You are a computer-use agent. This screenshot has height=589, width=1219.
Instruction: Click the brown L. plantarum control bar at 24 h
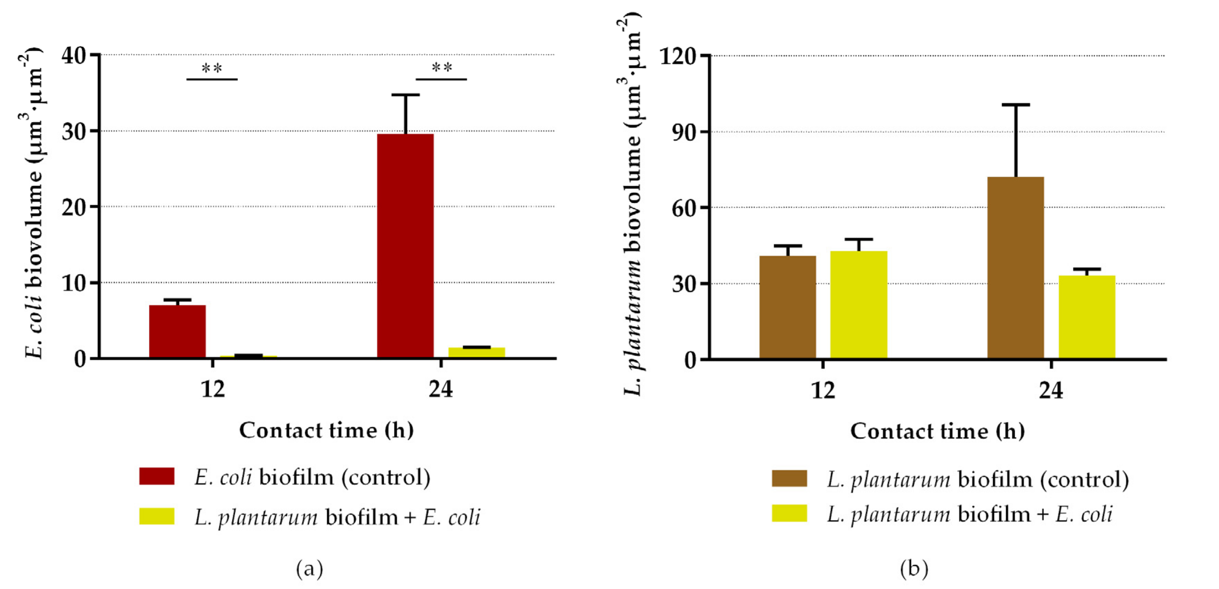pyautogui.click(x=1015, y=267)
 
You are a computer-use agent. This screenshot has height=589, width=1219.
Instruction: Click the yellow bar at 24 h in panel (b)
pyautogui.click(x=1087, y=317)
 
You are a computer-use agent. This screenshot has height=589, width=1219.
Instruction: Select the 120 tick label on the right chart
pyautogui.click(x=678, y=57)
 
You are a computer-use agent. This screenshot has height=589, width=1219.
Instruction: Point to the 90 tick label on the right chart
pyautogui.click(x=684, y=132)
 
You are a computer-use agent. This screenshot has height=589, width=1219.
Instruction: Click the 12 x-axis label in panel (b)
pyautogui.click(x=823, y=391)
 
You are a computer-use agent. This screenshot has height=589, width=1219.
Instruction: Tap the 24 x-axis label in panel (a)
pyautogui.click(x=441, y=389)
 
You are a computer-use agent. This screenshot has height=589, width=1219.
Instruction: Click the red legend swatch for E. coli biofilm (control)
pyautogui.click(x=156, y=476)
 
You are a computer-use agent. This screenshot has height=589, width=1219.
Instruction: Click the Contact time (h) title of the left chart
pyautogui.click(x=326, y=430)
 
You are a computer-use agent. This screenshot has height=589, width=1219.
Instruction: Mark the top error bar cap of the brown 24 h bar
pyautogui.click(x=1015, y=105)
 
